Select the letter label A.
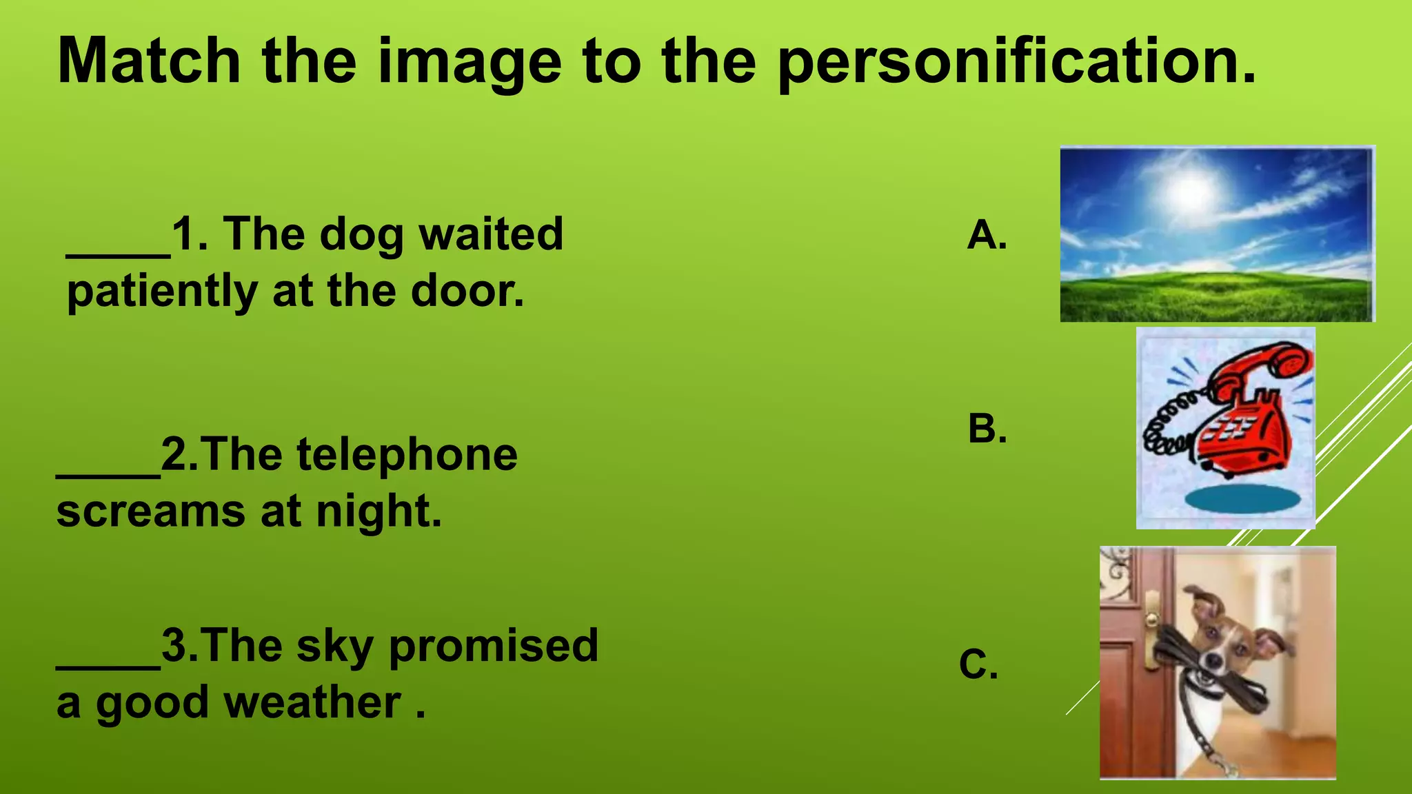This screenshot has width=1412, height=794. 987,235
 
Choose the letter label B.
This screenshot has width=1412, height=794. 987,429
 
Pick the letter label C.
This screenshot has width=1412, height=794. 978,664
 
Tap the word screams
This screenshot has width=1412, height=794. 150,512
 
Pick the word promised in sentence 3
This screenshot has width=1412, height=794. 494,646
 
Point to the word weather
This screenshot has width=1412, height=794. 313,703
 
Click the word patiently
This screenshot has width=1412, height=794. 162,292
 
